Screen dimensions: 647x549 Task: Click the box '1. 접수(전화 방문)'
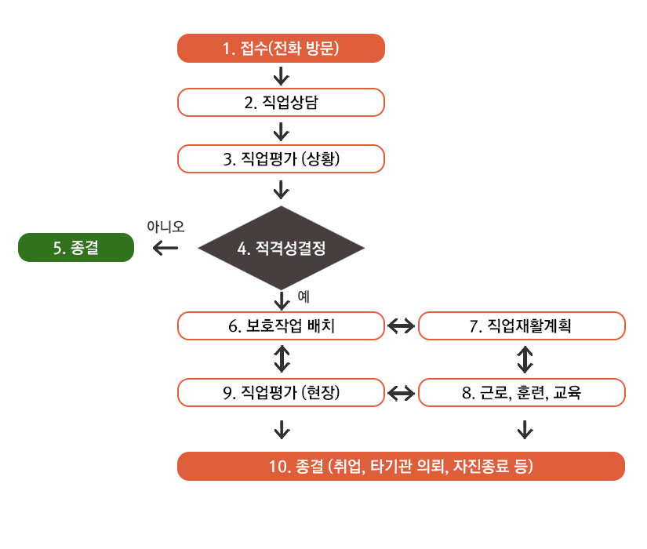(281, 49)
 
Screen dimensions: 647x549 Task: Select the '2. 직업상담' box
(281, 103)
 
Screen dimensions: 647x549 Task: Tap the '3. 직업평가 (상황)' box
(281, 159)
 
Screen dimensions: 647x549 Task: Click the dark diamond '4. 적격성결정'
(281, 248)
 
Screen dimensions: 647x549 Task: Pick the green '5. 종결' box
(76, 248)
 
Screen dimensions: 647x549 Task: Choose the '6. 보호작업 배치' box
(281, 326)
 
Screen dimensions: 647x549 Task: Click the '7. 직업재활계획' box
(522, 326)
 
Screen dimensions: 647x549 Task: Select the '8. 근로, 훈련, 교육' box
(522, 393)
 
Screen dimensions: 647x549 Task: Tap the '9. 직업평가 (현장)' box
(281, 393)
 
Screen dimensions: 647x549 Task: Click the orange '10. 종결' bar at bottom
(401, 467)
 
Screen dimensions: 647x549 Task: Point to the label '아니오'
(165, 227)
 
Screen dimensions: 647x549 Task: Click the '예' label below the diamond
(304, 296)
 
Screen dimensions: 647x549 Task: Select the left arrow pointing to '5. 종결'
(165, 248)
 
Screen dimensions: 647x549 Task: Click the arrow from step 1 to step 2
(282, 76)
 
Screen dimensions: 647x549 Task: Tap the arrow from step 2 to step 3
(282, 132)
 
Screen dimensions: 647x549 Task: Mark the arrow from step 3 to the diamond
(282, 190)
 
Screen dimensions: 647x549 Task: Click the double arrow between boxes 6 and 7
(401, 326)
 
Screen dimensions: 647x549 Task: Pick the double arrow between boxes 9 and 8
(401, 393)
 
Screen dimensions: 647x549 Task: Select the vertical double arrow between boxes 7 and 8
(525, 359)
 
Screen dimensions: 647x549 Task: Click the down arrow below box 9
(282, 430)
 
